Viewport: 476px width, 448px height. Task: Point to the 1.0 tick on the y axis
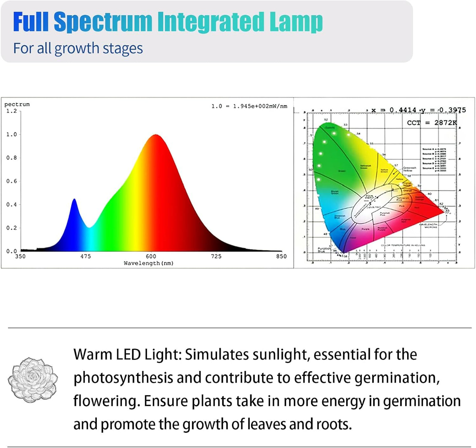12,134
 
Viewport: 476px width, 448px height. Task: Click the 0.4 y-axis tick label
12,205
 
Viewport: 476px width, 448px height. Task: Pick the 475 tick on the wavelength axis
86,256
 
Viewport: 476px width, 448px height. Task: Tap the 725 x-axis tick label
216,256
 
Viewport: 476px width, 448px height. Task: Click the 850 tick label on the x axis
281,256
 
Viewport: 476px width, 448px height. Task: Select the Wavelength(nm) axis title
149,263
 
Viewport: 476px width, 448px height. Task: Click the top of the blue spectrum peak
74,199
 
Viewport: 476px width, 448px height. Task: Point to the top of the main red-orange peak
156,135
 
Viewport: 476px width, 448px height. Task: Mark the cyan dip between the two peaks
89,227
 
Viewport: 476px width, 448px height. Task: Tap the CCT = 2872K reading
432,123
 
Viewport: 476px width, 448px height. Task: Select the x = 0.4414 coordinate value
394,110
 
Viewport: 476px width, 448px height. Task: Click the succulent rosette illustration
33,380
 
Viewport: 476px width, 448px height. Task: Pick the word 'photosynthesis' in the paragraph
123,378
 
